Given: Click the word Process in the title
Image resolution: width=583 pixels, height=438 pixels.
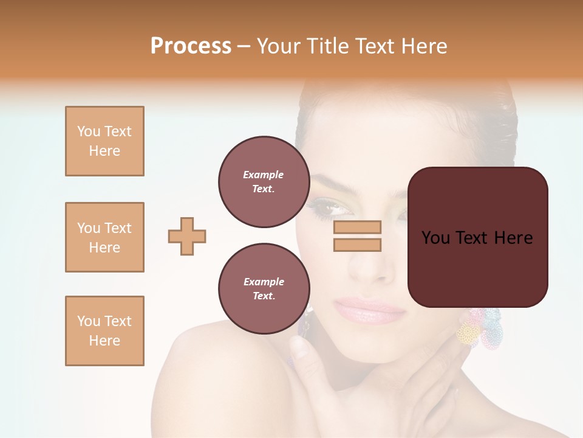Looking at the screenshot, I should (x=191, y=46).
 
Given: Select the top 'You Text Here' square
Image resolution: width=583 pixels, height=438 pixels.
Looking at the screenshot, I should (x=104, y=141).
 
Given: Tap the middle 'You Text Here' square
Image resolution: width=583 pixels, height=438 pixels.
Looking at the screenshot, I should (x=104, y=237).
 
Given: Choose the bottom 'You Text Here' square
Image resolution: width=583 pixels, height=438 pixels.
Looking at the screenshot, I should (x=104, y=331).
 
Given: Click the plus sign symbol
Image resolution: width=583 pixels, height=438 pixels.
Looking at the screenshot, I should (x=187, y=236).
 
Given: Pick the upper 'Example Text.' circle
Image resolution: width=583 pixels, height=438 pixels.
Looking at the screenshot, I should (x=264, y=182).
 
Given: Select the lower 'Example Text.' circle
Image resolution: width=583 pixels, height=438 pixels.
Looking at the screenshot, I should (x=264, y=289).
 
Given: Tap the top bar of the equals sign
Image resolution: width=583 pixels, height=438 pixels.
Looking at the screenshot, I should (x=357, y=228).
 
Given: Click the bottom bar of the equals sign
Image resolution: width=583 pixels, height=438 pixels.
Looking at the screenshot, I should (x=357, y=245).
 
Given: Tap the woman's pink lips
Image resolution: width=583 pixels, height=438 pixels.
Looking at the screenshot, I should (x=368, y=310).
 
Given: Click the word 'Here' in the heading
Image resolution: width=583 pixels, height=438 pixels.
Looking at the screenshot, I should (x=424, y=46).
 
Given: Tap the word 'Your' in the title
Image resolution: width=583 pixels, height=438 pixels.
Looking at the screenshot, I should (x=280, y=46).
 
